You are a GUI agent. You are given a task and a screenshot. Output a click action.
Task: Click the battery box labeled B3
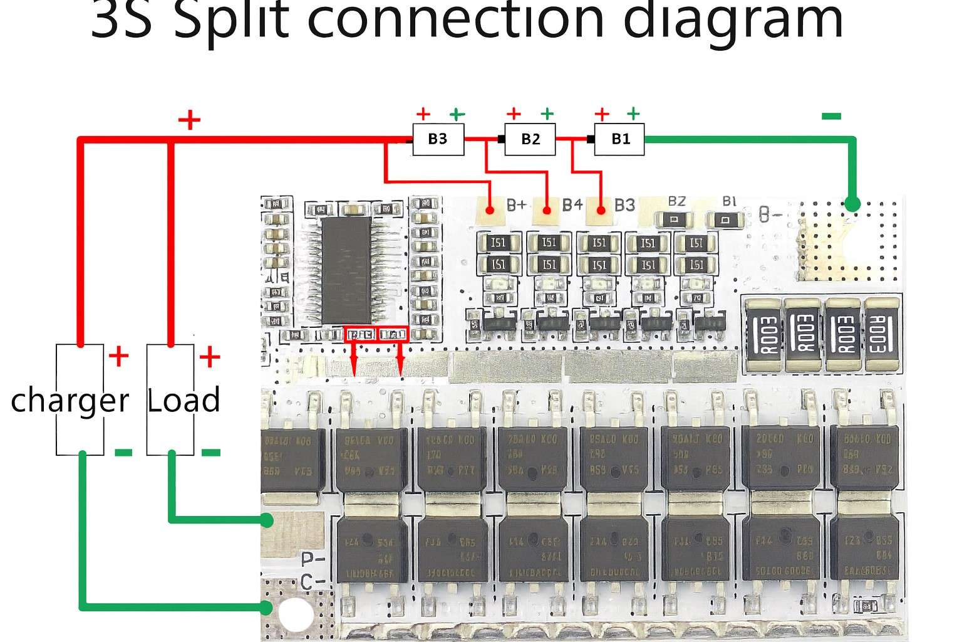438,139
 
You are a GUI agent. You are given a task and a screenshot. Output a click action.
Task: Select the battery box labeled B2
530,139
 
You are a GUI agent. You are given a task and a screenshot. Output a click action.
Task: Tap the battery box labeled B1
619,139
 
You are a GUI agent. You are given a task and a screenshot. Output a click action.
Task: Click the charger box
80,399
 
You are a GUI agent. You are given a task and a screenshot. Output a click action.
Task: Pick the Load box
170,399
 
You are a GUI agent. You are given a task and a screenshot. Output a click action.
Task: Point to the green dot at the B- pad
852,204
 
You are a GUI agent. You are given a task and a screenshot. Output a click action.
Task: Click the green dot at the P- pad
267,520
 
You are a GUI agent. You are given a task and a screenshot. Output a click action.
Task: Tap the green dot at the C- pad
267,607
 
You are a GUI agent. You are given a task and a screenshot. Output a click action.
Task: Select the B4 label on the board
572,205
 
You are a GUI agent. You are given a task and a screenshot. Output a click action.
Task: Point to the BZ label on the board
676,201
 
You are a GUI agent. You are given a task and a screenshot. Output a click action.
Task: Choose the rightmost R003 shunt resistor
882,335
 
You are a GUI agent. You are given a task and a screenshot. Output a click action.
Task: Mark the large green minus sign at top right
831,116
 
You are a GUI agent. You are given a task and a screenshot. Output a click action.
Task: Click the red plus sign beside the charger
118,357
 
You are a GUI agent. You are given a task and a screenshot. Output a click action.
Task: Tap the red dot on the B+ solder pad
491,209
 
